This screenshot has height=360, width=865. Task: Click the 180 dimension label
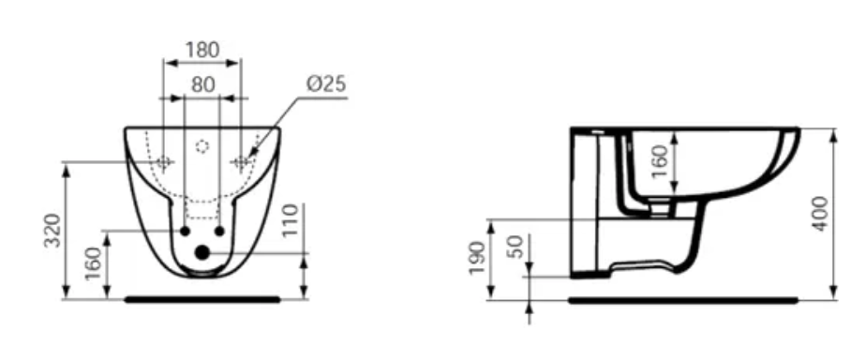(x=201, y=50)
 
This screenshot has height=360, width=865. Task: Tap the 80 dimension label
(x=203, y=84)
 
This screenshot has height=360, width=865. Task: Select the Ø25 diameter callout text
(x=326, y=84)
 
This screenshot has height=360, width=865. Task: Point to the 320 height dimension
(x=54, y=231)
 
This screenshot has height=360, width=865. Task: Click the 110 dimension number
(x=290, y=219)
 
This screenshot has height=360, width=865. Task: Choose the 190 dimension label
(x=477, y=259)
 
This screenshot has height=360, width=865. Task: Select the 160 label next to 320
(x=95, y=262)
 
